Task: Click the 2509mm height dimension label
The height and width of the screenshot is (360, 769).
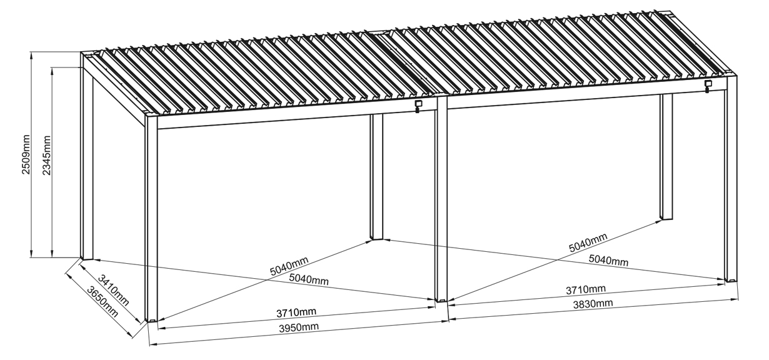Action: coord(26,154)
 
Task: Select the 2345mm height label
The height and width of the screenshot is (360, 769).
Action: coord(46,156)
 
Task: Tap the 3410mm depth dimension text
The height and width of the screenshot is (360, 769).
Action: coord(113,290)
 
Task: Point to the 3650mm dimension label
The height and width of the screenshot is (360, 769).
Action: coord(103,302)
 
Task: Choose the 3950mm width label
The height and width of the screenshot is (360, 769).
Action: coord(299,327)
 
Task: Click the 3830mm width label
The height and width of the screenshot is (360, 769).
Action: coord(593,304)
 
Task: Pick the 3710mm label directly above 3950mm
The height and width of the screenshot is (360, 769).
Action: coord(296,312)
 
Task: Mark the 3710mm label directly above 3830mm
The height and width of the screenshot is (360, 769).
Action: coord(586,290)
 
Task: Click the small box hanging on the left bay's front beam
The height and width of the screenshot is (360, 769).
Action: coord(418,106)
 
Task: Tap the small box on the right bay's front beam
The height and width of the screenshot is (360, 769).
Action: coord(708,86)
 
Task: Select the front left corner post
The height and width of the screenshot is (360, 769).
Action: coord(151,219)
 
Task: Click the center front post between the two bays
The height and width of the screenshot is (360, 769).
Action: coord(441,199)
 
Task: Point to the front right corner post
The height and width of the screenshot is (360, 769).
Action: coord(731,179)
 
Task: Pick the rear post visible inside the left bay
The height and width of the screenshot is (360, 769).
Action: coord(376,176)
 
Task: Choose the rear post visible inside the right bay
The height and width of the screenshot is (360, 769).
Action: coord(666,156)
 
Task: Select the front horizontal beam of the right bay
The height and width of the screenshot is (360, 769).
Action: coord(586,99)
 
